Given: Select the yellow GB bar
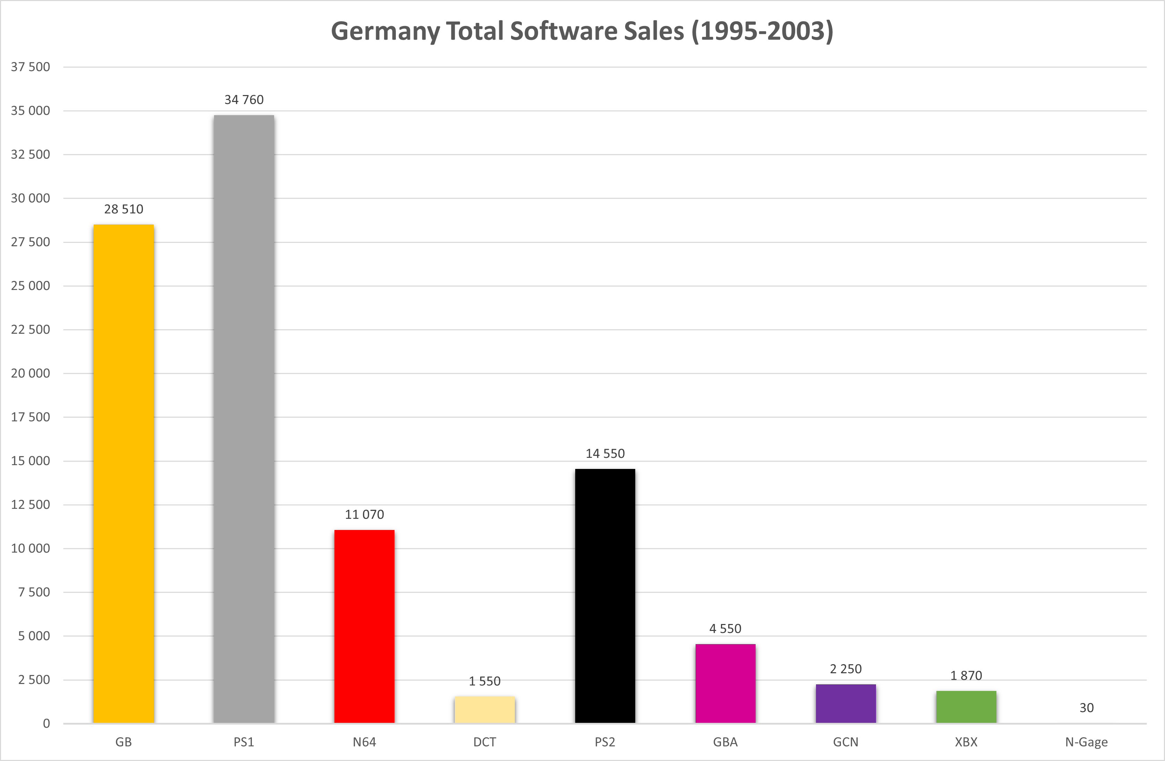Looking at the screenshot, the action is point(124,474).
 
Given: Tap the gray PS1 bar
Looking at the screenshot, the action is point(244,419).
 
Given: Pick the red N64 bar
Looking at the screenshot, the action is point(364,626).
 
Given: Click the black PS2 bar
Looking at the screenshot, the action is point(605,596).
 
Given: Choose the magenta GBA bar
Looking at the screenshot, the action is point(725,683).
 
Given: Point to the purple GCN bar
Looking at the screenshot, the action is point(846,703).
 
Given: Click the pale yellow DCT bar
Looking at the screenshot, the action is point(485,710).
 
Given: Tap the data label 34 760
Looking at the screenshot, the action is point(244,100).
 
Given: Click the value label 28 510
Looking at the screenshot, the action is point(124,210).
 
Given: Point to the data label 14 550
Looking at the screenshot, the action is point(605,454).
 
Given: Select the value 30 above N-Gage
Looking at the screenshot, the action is point(1087,708).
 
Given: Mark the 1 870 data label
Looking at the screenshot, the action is point(966,676).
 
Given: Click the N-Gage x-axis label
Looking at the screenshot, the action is point(1087,742).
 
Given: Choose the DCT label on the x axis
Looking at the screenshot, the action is point(485,742).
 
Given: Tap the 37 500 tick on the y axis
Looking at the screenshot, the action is point(30,67).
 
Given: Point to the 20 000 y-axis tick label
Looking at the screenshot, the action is point(30,374).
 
